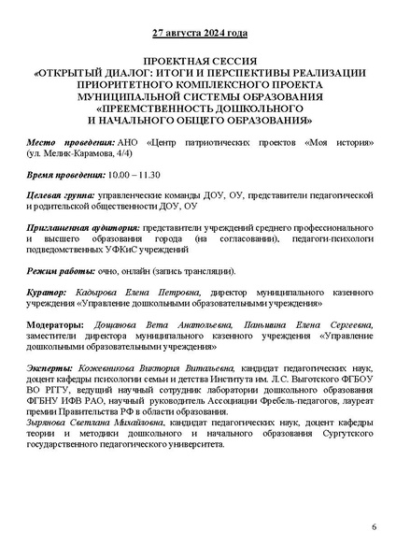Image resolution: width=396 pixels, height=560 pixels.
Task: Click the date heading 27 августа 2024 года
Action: coord(199,35)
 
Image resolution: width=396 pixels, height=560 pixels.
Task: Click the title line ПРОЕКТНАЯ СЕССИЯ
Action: coord(198,59)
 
